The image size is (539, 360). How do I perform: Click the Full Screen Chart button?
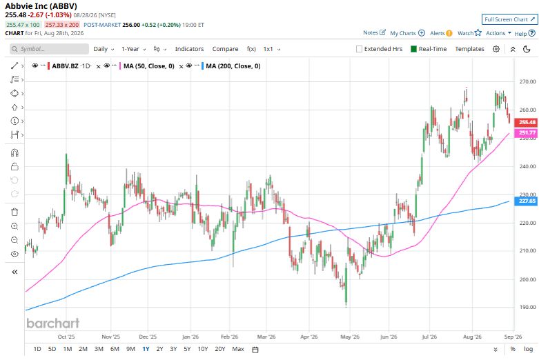pyautogui.click(x=509, y=19)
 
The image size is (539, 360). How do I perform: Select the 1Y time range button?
pyautogui.click(x=146, y=349)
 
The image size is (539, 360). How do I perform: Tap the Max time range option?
pyautogui.click(x=238, y=349)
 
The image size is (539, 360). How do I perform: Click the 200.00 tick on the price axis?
pyautogui.click(x=527, y=279)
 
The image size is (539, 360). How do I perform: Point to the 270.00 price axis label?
pyautogui.click(x=527, y=82)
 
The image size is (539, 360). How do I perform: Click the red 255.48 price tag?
pyautogui.click(x=526, y=122)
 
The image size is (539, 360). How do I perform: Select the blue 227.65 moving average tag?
pyautogui.click(x=526, y=201)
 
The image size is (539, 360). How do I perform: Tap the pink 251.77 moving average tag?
pyautogui.click(x=526, y=132)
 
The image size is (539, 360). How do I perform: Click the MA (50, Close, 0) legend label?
pyautogui.click(x=149, y=66)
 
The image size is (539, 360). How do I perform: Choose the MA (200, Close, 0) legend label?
pyautogui.click(x=233, y=66)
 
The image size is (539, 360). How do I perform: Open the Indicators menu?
pyautogui.click(x=189, y=49)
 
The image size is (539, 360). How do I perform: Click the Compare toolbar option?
pyautogui.click(x=225, y=49)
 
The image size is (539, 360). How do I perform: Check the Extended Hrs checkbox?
pyautogui.click(x=360, y=49)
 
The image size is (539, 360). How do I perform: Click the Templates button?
pyautogui.click(x=469, y=49)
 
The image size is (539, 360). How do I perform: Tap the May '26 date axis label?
pyautogui.click(x=350, y=337)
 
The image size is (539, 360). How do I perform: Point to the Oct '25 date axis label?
pyautogui.click(x=66, y=337)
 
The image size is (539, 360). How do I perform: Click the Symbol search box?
pyautogui.click(x=49, y=49)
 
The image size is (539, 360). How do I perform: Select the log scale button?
pyautogui.click(x=529, y=349)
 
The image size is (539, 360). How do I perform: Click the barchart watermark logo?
pyautogui.click(x=53, y=323)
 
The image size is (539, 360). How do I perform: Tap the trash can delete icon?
pyautogui.click(x=14, y=212)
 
